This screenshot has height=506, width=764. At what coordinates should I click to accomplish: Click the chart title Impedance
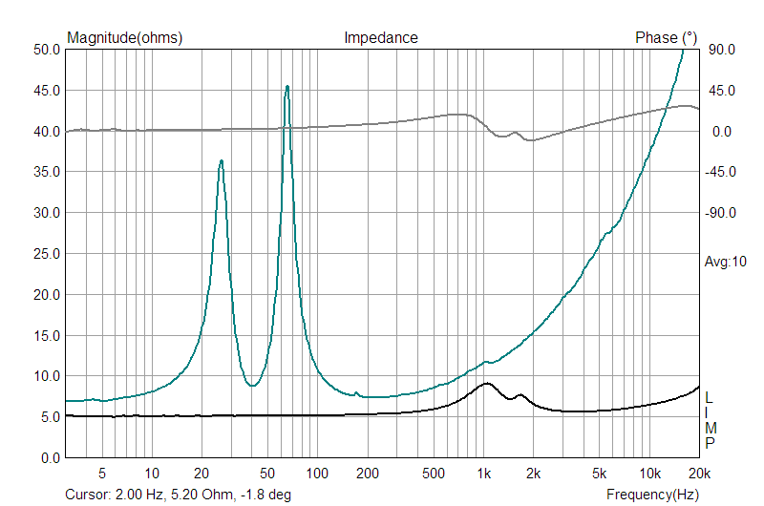tap(380, 38)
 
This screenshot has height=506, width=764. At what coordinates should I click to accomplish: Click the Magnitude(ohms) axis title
tap(124, 38)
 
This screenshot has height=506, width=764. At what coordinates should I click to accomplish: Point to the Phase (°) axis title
tap(666, 38)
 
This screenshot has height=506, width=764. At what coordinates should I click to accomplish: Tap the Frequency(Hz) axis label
tap(652, 495)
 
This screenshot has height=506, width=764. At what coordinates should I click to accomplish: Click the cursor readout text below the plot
tap(178, 495)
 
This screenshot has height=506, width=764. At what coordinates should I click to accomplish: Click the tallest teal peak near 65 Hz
tap(286, 87)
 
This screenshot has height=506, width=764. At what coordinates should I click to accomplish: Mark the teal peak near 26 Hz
tap(221, 161)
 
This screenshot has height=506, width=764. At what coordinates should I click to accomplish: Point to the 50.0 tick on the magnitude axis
tap(47, 50)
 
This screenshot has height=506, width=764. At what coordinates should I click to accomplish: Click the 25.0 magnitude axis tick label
tap(47, 254)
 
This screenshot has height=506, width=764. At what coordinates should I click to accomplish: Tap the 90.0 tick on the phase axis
tap(719, 50)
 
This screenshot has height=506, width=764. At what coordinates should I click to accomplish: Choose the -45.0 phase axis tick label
tap(719, 172)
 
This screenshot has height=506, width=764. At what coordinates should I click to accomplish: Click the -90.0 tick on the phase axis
tap(719, 213)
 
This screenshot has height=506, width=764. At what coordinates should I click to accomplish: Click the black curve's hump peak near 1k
tap(486, 384)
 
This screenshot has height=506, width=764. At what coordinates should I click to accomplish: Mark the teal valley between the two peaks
tap(251, 386)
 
